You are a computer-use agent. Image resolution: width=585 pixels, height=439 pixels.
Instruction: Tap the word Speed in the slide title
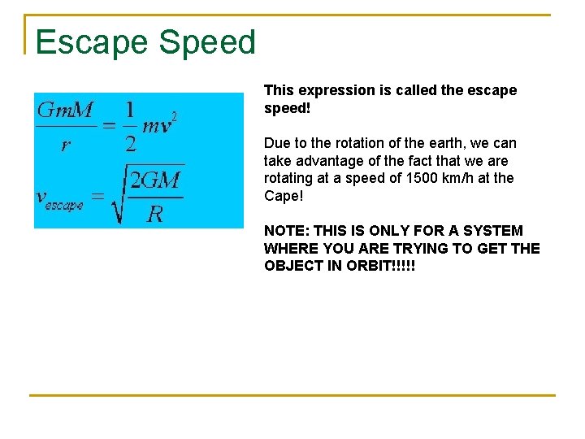click(x=206, y=42)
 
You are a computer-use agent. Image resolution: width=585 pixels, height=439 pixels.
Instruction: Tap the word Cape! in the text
click(x=283, y=196)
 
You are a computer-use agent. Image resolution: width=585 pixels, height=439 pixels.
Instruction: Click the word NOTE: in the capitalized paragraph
click(x=287, y=231)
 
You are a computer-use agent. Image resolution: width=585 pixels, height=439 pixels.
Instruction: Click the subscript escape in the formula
click(x=64, y=206)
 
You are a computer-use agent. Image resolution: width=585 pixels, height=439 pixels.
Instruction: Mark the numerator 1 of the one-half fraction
click(x=130, y=109)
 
